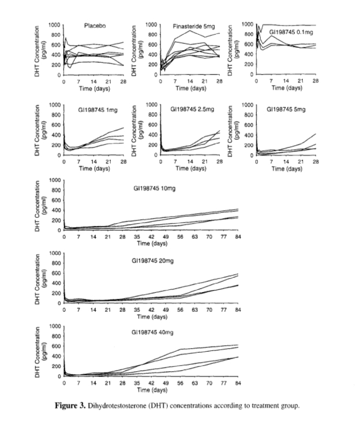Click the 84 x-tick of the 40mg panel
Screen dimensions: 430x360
tap(238, 383)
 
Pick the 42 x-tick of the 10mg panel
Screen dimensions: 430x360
tap(151, 236)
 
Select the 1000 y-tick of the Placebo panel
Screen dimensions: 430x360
tap(55, 24)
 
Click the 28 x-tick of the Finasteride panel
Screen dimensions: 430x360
tap(219, 81)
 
